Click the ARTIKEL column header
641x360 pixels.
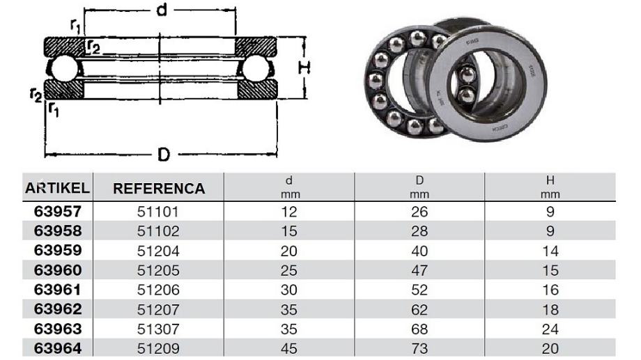[x=57, y=188]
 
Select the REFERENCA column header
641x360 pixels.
[x=159, y=189]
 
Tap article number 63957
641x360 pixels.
[x=58, y=211]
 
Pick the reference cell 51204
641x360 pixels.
[x=158, y=251]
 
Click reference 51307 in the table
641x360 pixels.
[x=158, y=329]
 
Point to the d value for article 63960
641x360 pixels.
[x=289, y=270]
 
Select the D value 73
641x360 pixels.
[x=419, y=349]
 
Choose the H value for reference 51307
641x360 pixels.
[x=550, y=329]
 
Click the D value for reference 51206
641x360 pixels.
[x=419, y=290]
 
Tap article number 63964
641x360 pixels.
[x=58, y=349]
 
